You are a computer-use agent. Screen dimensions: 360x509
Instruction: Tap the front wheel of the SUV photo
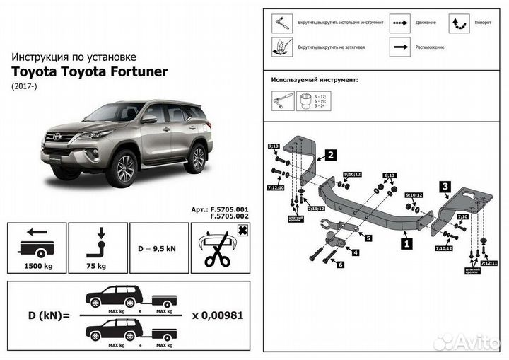(x=124, y=168)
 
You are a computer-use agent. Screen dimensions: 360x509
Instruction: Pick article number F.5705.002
(x=230, y=216)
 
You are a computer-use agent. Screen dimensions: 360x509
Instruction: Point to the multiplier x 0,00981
(x=218, y=315)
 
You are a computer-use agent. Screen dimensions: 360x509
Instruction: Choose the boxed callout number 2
(x=329, y=154)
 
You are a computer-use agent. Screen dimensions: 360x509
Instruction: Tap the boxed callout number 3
(x=445, y=187)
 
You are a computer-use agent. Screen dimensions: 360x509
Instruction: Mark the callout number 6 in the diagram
(x=341, y=265)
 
